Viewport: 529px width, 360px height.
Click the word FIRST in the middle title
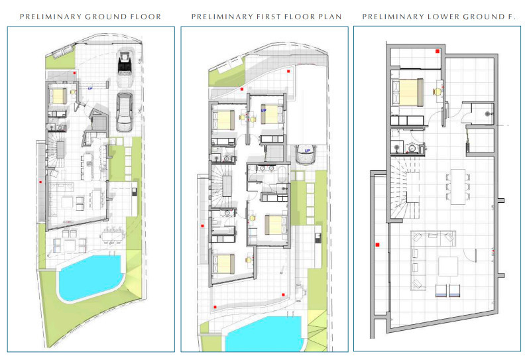pos(268,17)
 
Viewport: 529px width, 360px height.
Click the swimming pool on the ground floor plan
pos(90,277)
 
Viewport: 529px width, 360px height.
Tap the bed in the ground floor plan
pos(60,95)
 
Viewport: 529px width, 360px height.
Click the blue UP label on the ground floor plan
pos(90,88)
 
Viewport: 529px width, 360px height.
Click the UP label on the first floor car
pos(308,150)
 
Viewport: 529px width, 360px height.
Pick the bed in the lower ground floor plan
pos(408,92)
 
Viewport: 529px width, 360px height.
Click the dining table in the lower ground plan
pos(458,186)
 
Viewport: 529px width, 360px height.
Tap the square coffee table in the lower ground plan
pos(448,267)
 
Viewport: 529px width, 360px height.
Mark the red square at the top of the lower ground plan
pos(438,51)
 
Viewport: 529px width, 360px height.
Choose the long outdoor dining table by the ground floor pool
pos(113,235)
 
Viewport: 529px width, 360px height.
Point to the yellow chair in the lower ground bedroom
pos(438,91)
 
